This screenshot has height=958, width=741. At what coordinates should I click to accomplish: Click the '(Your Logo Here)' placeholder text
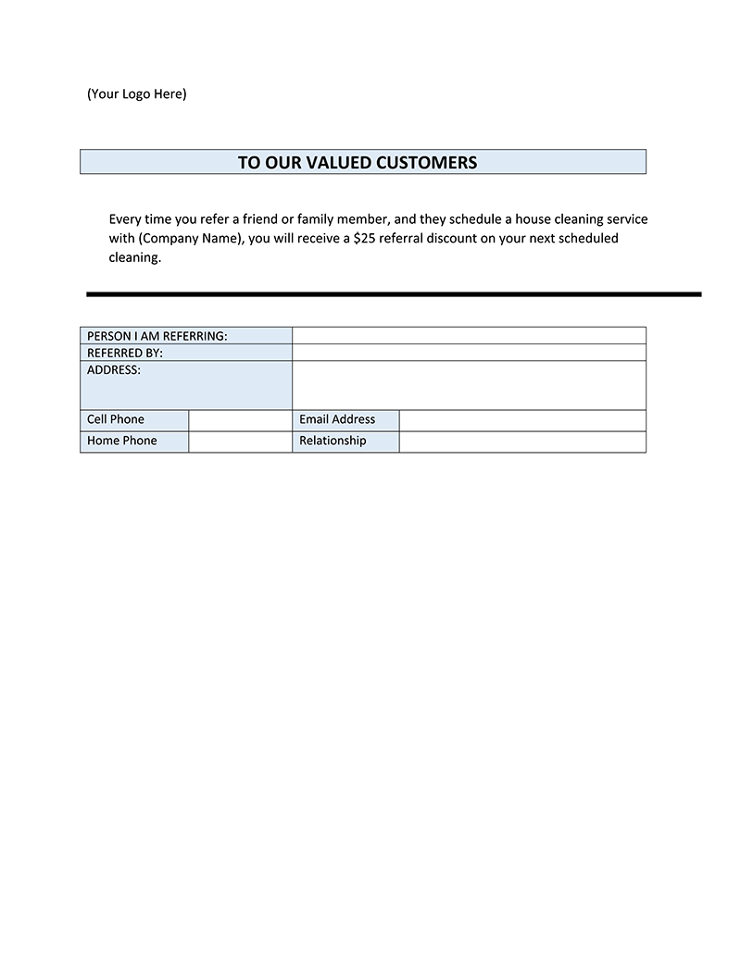click(x=136, y=93)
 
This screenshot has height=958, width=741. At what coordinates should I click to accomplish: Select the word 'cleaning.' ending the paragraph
click(x=135, y=258)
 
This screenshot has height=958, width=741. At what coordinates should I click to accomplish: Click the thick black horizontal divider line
click(x=394, y=294)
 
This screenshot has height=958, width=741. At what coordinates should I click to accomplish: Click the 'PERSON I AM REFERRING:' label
click(x=157, y=335)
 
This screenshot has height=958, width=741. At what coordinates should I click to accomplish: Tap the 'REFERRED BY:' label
click(x=125, y=353)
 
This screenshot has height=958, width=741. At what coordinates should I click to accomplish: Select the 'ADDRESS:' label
click(x=114, y=369)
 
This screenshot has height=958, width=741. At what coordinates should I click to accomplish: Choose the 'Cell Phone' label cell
click(x=116, y=419)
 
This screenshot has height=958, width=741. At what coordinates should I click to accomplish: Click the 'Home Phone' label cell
click(x=122, y=441)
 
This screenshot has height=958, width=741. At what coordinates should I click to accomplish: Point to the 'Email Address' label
click(x=337, y=419)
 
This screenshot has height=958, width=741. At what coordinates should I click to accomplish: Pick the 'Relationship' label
click(x=333, y=441)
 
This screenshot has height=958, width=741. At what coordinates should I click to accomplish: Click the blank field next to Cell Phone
click(x=240, y=420)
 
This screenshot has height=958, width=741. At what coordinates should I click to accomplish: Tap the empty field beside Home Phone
click(x=240, y=442)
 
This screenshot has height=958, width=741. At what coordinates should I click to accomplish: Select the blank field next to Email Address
click(x=522, y=420)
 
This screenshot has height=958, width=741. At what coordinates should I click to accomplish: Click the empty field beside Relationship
click(x=522, y=442)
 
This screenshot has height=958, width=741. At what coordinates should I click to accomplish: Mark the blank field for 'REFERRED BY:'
click(x=469, y=353)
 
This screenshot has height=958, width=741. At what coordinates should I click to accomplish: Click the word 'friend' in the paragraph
click(x=260, y=219)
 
